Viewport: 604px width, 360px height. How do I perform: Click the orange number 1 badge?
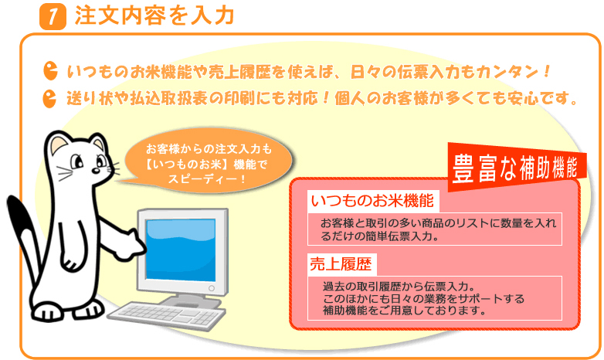[x=53, y=17]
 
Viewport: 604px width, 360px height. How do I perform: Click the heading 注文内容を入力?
[x=154, y=15]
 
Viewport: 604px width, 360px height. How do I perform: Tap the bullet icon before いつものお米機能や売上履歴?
[x=50, y=70]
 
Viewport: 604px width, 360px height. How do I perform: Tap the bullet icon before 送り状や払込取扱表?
[x=49, y=98]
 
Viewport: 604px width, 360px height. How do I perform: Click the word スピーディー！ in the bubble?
[x=207, y=179]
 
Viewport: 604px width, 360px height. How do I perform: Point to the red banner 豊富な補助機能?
[x=516, y=167]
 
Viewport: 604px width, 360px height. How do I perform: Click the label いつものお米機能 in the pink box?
[x=373, y=201]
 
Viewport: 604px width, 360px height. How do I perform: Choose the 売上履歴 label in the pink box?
[x=341, y=264]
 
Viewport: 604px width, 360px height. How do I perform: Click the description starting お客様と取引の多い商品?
[x=439, y=229]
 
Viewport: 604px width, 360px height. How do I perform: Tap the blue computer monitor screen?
[x=181, y=250]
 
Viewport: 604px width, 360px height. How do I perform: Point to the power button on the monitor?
[x=212, y=288]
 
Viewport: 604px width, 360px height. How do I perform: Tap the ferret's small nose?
[x=95, y=171]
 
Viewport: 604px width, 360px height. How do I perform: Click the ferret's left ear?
[x=59, y=143]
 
